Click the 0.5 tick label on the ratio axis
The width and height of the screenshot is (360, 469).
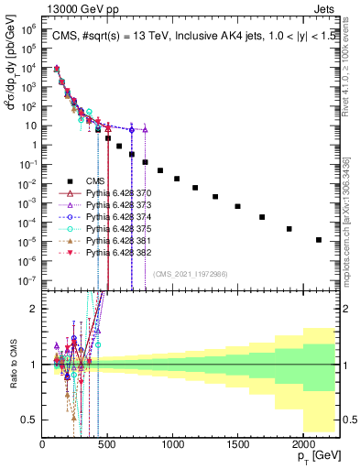(29, 420)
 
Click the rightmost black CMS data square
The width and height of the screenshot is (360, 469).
(318, 240)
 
